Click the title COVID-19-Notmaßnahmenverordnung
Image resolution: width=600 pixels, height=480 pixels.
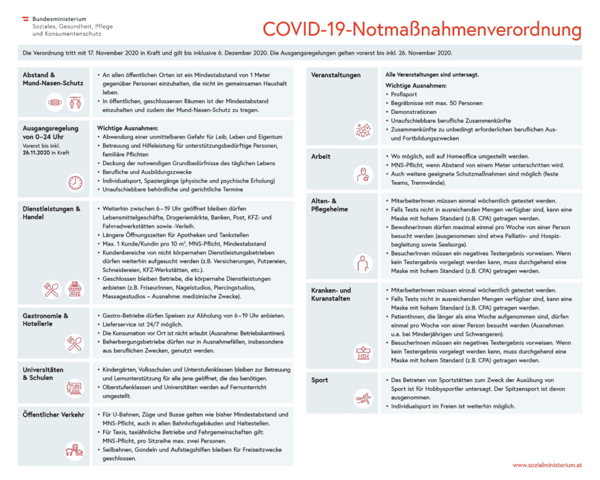[422, 29]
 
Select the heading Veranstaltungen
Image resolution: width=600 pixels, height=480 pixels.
[336, 75]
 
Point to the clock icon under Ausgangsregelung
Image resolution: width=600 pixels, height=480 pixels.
[75, 182]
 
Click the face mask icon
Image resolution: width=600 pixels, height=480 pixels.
[55, 103]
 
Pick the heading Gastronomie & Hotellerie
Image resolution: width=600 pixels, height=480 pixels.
[46, 320]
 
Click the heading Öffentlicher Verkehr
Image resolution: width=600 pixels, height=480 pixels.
[53, 415]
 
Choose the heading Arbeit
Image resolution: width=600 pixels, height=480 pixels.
[321, 157]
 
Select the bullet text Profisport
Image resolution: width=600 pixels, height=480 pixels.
[403, 94]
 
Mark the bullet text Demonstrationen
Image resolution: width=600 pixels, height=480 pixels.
[414, 112]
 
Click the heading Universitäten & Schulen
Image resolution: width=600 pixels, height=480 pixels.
[43, 374]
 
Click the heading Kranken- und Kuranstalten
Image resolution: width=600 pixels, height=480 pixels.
[331, 294]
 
